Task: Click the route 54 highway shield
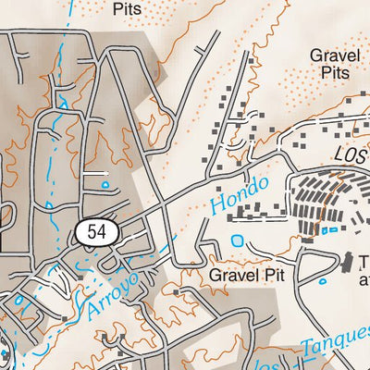pos(97,233)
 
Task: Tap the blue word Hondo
pos(240,195)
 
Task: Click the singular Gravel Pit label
pos(243,275)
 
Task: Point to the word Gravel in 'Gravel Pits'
pos(334,55)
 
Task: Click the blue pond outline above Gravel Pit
pos(238,241)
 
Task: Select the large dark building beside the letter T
pos(349,262)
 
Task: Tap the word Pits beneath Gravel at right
pos(337,71)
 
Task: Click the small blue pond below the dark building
pos(323,279)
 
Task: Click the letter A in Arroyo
pos(94,313)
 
